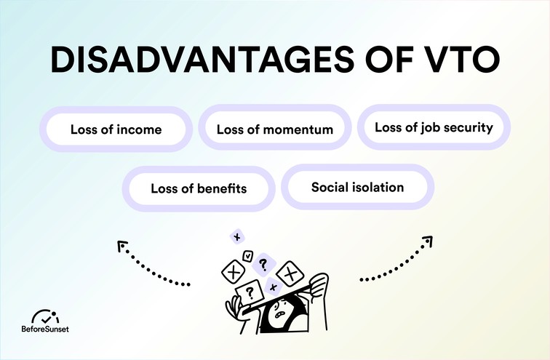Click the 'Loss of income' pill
(x=116, y=130)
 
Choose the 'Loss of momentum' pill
(x=275, y=130)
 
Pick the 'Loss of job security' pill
(x=434, y=127)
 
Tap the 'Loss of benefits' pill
(x=199, y=188)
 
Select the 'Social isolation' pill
(x=357, y=187)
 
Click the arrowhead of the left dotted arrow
(x=121, y=246)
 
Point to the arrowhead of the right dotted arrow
(x=429, y=240)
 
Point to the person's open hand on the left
(x=234, y=302)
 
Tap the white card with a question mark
(x=250, y=292)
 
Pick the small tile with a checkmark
(x=248, y=256)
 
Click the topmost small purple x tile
(x=236, y=236)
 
